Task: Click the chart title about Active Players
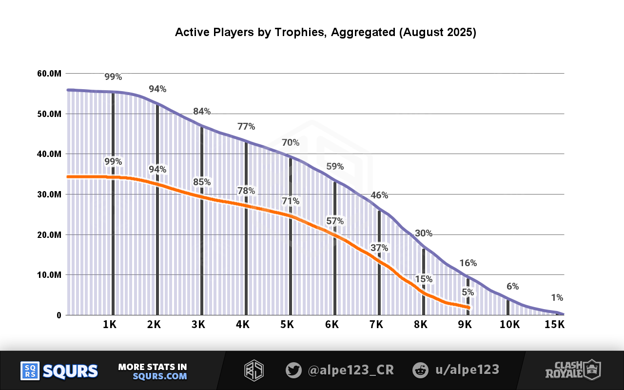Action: pos(325,33)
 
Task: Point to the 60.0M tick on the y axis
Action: pos(49,74)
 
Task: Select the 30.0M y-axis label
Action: pos(49,195)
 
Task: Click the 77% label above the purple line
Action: pos(246,127)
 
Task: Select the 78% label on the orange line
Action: pos(246,191)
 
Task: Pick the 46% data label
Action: pos(379,195)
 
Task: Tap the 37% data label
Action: pos(379,248)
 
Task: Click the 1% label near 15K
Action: pos(557,298)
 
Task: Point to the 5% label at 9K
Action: pos(468,292)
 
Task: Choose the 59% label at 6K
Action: pos(335,167)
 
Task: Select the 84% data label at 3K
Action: pos(202,112)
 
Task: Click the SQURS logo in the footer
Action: pos(59,371)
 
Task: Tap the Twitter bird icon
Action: pos(293,370)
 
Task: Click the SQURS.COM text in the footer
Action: pos(160,376)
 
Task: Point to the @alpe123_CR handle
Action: pos(351,370)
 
